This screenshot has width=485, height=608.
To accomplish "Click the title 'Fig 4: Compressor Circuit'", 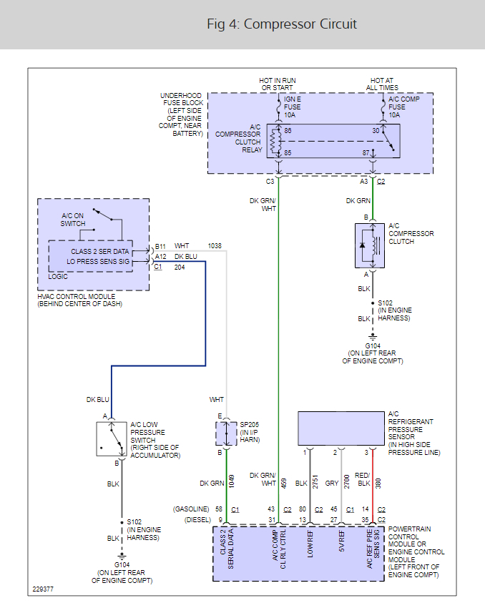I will tap(282, 24).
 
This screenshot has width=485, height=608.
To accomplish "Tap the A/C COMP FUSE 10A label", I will tap(404, 107).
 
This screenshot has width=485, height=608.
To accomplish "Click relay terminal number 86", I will tap(288, 131).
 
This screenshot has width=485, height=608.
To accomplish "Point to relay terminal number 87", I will tap(366, 153).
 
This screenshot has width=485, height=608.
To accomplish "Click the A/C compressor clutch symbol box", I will tap(371, 245).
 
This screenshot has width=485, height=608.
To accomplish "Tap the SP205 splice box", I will tap(226, 433).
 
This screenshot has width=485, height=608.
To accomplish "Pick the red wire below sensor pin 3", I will tap(373, 479).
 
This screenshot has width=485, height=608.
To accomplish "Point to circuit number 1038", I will tap(215, 246).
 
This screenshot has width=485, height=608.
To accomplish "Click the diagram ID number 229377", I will tap(43, 590).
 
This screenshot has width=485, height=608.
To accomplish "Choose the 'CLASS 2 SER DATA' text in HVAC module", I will tap(101, 252).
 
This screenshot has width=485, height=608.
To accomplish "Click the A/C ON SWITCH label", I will tap(72, 220).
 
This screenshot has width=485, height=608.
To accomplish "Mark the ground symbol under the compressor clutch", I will tap(372, 335).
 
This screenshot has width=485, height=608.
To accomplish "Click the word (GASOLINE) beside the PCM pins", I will tap(191, 509).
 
